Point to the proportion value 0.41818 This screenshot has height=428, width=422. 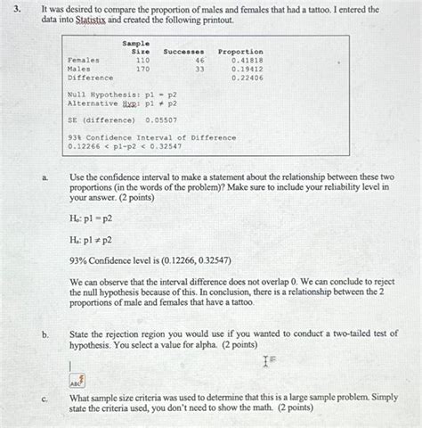247,60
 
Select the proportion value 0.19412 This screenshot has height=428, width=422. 247,68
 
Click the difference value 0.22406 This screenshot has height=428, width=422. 247,77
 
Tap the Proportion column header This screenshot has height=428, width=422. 240,52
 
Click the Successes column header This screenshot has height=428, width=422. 183,52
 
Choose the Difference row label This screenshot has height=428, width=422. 89,77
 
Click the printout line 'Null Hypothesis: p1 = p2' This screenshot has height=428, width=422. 122,94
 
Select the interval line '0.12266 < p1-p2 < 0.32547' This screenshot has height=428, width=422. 125,145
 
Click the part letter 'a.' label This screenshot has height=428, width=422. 45,178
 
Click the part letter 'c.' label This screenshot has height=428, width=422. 45,399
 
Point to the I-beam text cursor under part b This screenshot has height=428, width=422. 264,362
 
